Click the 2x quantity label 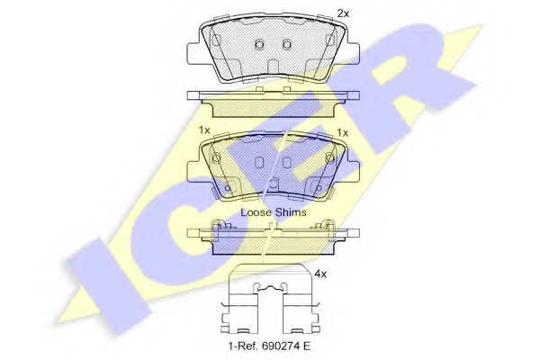(x=343, y=13)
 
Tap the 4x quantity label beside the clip (x=320, y=274)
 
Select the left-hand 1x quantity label (x=204, y=130)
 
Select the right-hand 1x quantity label (x=343, y=132)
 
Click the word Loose (x=256, y=212)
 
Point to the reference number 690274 (x=278, y=346)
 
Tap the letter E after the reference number (x=307, y=346)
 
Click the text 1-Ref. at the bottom (x=242, y=346)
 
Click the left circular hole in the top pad (x=260, y=44)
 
